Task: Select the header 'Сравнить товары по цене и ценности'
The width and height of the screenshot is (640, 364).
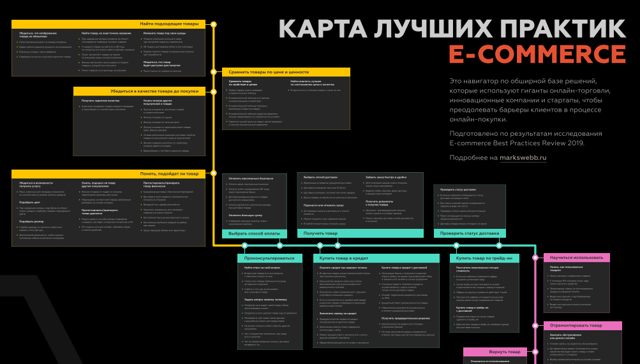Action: [x=268, y=72]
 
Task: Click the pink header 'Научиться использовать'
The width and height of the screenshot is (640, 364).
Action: [x=576, y=258]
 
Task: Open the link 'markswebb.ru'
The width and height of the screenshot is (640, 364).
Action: [x=523, y=157]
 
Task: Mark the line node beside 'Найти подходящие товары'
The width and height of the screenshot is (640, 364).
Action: [x=214, y=24]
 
